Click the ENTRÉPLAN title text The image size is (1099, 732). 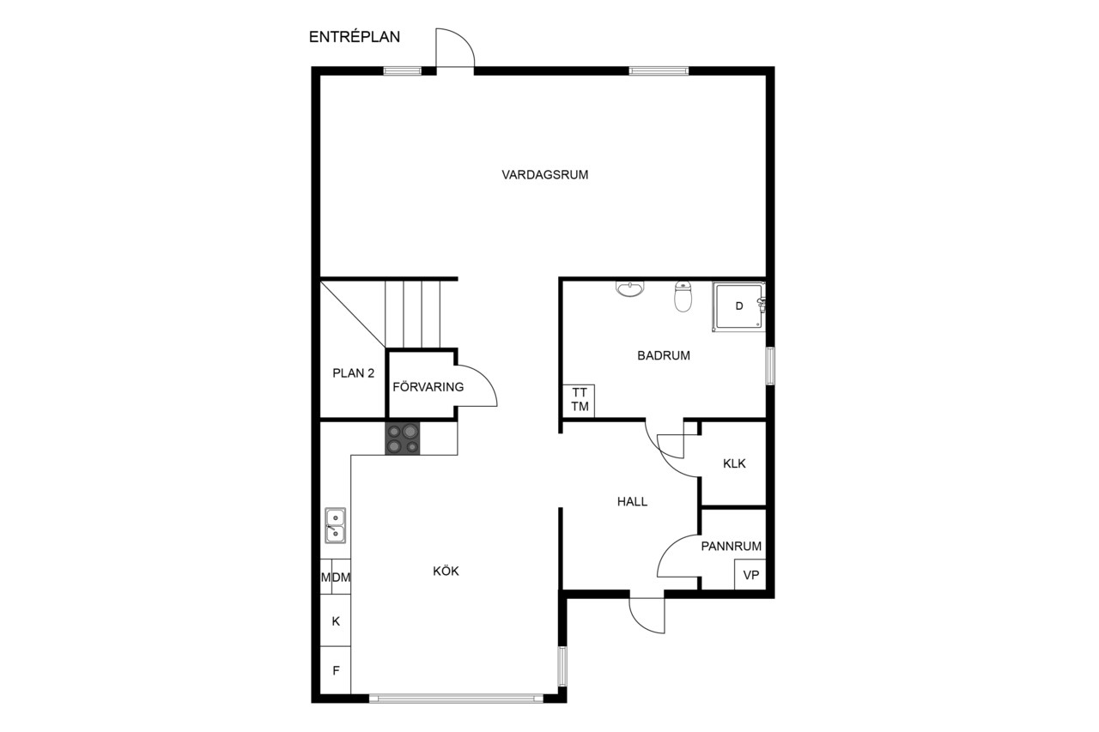click(355, 37)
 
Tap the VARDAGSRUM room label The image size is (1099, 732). click(544, 175)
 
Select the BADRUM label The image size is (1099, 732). click(664, 355)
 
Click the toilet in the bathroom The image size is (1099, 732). click(683, 297)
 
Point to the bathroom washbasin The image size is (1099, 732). click(629, 289)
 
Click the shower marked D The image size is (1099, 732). click(739, 306)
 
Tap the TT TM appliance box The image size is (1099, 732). click(579, 401)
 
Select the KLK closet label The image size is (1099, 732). click(734, 463)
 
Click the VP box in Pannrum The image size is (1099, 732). click(750, 575)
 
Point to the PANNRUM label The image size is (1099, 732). click(731, 546)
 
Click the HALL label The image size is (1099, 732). click(632, 501)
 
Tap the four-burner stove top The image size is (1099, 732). click(403, 439)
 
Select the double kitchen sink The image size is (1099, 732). click(335, 525)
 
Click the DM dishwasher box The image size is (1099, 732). click(341, 577)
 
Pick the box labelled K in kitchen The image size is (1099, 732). click(336, 620)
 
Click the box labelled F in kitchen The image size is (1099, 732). click(336, 670)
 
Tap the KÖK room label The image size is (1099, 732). click(446, 572)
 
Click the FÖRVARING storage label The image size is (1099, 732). click(428, 387)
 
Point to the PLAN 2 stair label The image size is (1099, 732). click(353, 373)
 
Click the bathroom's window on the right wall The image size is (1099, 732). click(770, 366)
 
